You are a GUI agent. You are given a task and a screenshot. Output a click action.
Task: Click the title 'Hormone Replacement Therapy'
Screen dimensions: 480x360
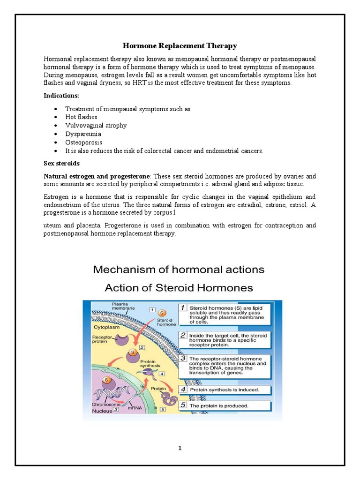click(180, 45)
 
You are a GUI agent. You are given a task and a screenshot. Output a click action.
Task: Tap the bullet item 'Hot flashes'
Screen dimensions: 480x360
click(81, 117)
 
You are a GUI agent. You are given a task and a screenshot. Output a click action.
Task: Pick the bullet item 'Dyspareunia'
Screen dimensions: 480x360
click(83, 134)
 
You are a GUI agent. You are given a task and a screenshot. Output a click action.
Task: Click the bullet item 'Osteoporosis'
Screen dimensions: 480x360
click(83, 142)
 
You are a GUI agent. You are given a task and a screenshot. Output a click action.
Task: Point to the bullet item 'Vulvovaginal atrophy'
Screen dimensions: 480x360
click(96, 126)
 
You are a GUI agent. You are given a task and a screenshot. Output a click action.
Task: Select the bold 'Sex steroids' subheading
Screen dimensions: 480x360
click(61, 164)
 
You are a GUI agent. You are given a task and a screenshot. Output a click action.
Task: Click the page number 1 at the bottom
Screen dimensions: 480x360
click(180, 448)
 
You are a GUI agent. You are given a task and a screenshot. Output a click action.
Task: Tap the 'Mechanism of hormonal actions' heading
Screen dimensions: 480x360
click(179, 270)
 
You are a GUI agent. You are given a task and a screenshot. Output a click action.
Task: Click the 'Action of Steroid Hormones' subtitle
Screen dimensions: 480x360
click(179, 287)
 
